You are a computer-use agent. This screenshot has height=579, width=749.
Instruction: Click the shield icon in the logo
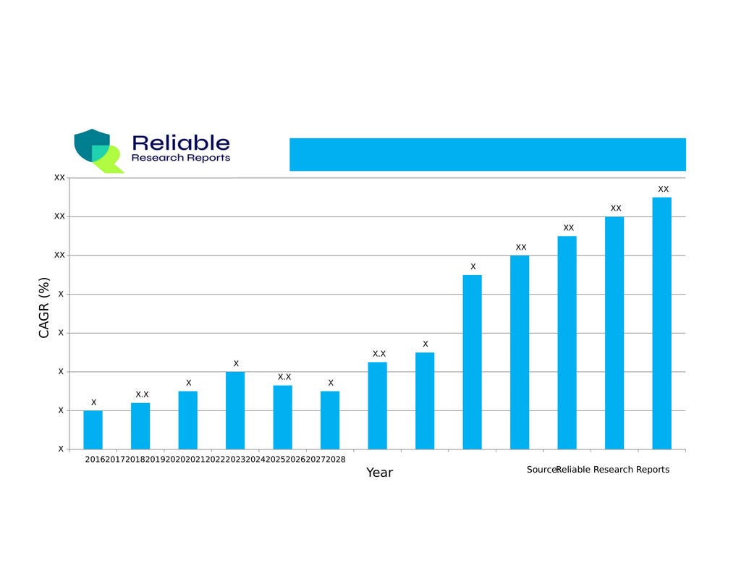point(92,146)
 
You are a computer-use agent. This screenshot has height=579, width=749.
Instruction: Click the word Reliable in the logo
point(181,143)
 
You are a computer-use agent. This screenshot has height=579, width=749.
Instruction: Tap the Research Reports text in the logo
point(181,158)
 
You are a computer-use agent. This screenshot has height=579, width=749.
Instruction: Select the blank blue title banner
point(487,154)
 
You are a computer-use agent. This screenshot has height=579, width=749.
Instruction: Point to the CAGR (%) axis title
point(44,308)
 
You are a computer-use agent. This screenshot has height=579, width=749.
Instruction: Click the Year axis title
point(379,473)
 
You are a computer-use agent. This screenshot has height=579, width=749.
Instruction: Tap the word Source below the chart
point(541,470)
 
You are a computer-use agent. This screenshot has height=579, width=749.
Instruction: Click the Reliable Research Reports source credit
point(613,470)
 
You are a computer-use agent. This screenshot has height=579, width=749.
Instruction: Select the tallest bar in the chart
point(661,323)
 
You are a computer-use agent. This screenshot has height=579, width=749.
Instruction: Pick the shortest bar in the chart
point(93,430)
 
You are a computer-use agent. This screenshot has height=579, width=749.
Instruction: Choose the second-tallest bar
point(614,333)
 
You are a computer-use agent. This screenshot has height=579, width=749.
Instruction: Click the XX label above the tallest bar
point(663,189)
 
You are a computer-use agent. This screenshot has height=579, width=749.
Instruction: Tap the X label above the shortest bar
point(93,402)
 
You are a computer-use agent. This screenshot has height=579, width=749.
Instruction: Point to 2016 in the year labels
point(95,460)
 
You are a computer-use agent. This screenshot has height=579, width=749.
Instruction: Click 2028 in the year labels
point(335,460)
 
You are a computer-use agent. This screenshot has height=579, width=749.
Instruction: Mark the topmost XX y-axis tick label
point(60,177)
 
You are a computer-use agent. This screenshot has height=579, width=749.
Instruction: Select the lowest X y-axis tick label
point(61,449)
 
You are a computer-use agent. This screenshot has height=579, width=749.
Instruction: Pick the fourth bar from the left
point(235,410)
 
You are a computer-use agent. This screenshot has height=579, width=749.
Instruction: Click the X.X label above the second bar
point(142,394)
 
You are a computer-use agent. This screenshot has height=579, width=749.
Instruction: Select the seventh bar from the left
point(377,405)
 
